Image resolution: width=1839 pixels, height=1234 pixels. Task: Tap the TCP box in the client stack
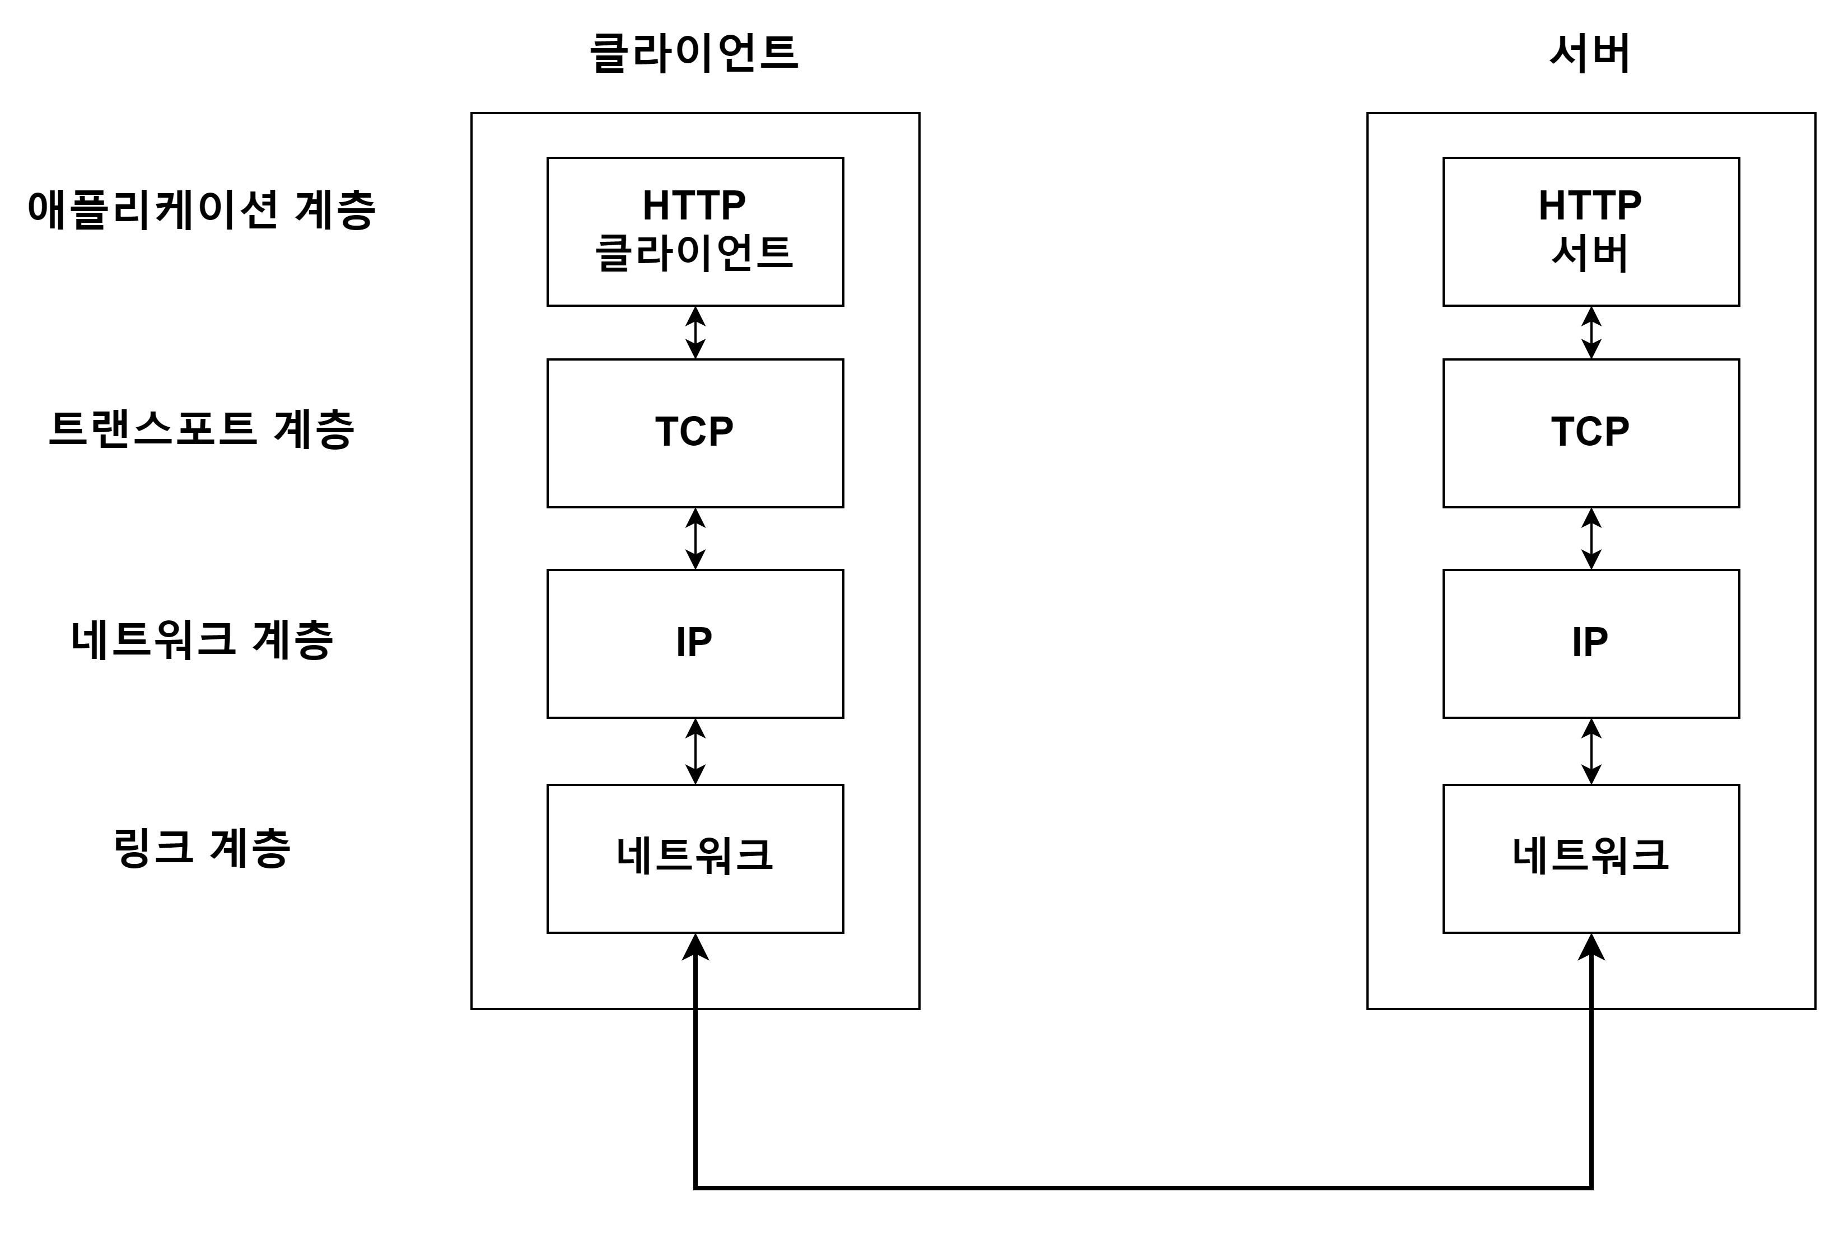point(695,433)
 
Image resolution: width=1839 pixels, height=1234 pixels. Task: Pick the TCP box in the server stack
point(1590,433)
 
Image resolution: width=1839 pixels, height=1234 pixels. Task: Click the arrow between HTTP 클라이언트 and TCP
point(695,332)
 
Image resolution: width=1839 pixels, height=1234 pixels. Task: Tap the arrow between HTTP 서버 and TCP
point(1590,332)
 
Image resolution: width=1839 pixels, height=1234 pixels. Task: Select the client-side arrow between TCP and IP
point(695,538)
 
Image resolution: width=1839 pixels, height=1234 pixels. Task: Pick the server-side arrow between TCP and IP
point(1590,538)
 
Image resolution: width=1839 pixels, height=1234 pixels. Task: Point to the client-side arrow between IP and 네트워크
point(695,751)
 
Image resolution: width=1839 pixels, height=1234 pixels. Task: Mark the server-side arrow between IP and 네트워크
point(1590,751)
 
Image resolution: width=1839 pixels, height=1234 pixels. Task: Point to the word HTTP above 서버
point(1590,205)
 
